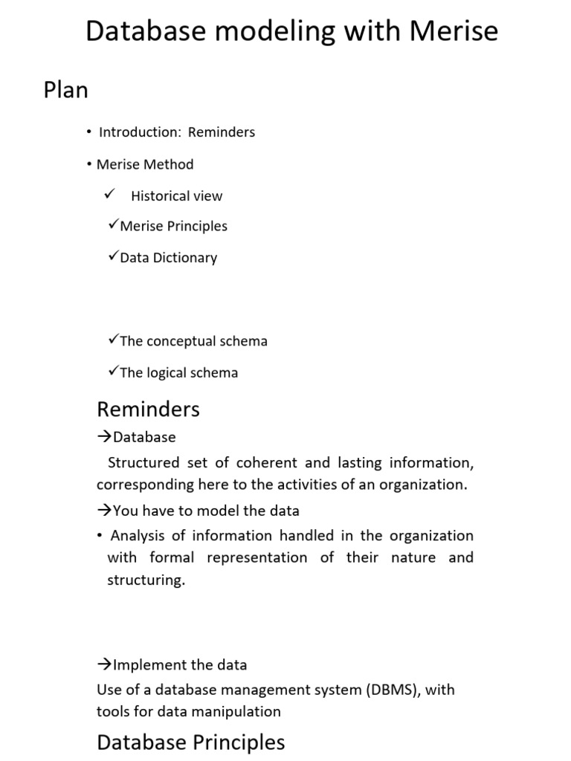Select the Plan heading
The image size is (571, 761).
(66, 90)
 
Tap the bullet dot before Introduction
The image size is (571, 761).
(88, 132)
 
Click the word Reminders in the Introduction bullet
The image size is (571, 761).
(222, 132)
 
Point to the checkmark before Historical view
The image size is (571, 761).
(109, 195)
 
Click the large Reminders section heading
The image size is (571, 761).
(149, 409)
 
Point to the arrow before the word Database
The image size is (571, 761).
(104, 437)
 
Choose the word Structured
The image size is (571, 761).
(143, 462)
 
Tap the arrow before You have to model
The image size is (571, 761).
(104, 511)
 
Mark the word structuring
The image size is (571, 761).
(146, 580)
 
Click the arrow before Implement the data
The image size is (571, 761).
(104, 665)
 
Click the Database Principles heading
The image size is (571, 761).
(191, 742)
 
